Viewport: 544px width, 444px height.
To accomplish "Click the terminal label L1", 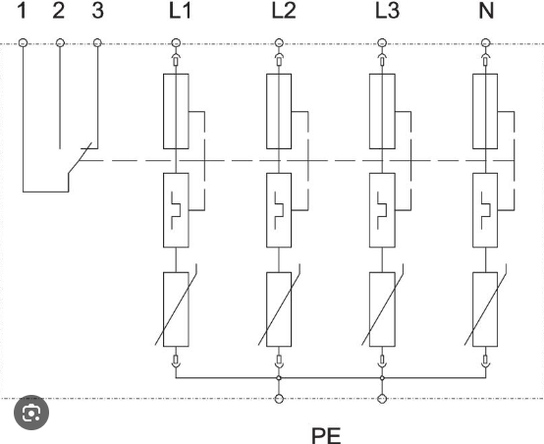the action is point(180,11).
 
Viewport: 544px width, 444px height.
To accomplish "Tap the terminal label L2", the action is point(284,11).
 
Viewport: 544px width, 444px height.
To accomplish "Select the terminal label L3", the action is point(387,11).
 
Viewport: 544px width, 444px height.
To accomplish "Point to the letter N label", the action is point(486,11).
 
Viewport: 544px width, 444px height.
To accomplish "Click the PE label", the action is point(326,436).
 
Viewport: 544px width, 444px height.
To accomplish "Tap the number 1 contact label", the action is point(22,11).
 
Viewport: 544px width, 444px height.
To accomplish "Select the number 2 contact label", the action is point(59,11).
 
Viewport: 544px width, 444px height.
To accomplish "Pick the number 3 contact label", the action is point(98,11).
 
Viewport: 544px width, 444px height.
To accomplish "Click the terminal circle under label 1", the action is point(23,43).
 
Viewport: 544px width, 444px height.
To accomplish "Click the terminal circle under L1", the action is point(176,43).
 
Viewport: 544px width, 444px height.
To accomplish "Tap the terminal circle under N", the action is point(486,43).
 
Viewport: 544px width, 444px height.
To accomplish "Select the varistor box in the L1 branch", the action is point(176,309).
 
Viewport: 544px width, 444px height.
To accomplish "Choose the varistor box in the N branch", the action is point(485,309).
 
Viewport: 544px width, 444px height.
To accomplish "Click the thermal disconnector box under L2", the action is point(279,210).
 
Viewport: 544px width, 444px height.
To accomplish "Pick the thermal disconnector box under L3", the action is point(382,210).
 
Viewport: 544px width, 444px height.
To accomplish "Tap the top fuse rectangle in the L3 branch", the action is point(382,111).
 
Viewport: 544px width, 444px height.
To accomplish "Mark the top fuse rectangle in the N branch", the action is point(485,111).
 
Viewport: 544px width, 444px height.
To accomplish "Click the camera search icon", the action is point(31,413).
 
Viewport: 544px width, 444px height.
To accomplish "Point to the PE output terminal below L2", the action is point(279,399).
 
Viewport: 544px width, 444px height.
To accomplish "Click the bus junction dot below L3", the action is point(382,378).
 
